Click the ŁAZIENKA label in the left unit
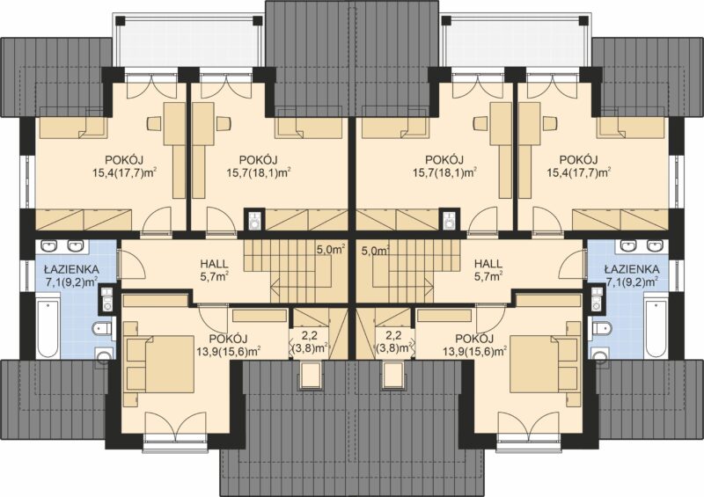pos(71,269)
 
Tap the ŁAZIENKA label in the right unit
pos(632,269)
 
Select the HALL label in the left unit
pos(214,265)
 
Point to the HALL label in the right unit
pos(488,265)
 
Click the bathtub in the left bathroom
pos(47,330)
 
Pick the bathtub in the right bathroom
pos(656,330)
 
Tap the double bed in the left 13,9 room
pos(160,364)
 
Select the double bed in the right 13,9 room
pos(543,364)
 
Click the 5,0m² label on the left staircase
pos(331,249)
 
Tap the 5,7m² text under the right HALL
pos(488,276)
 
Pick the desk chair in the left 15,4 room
pos(153,123)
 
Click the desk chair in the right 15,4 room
pos(549,123)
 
